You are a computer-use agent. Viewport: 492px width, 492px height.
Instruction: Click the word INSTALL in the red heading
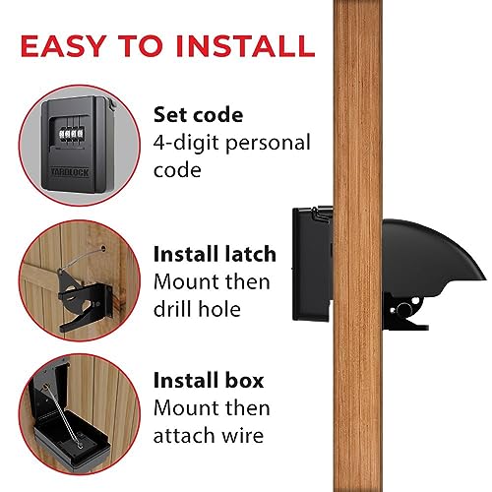[247, 45]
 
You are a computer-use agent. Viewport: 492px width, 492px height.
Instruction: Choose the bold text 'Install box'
[208, 379]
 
